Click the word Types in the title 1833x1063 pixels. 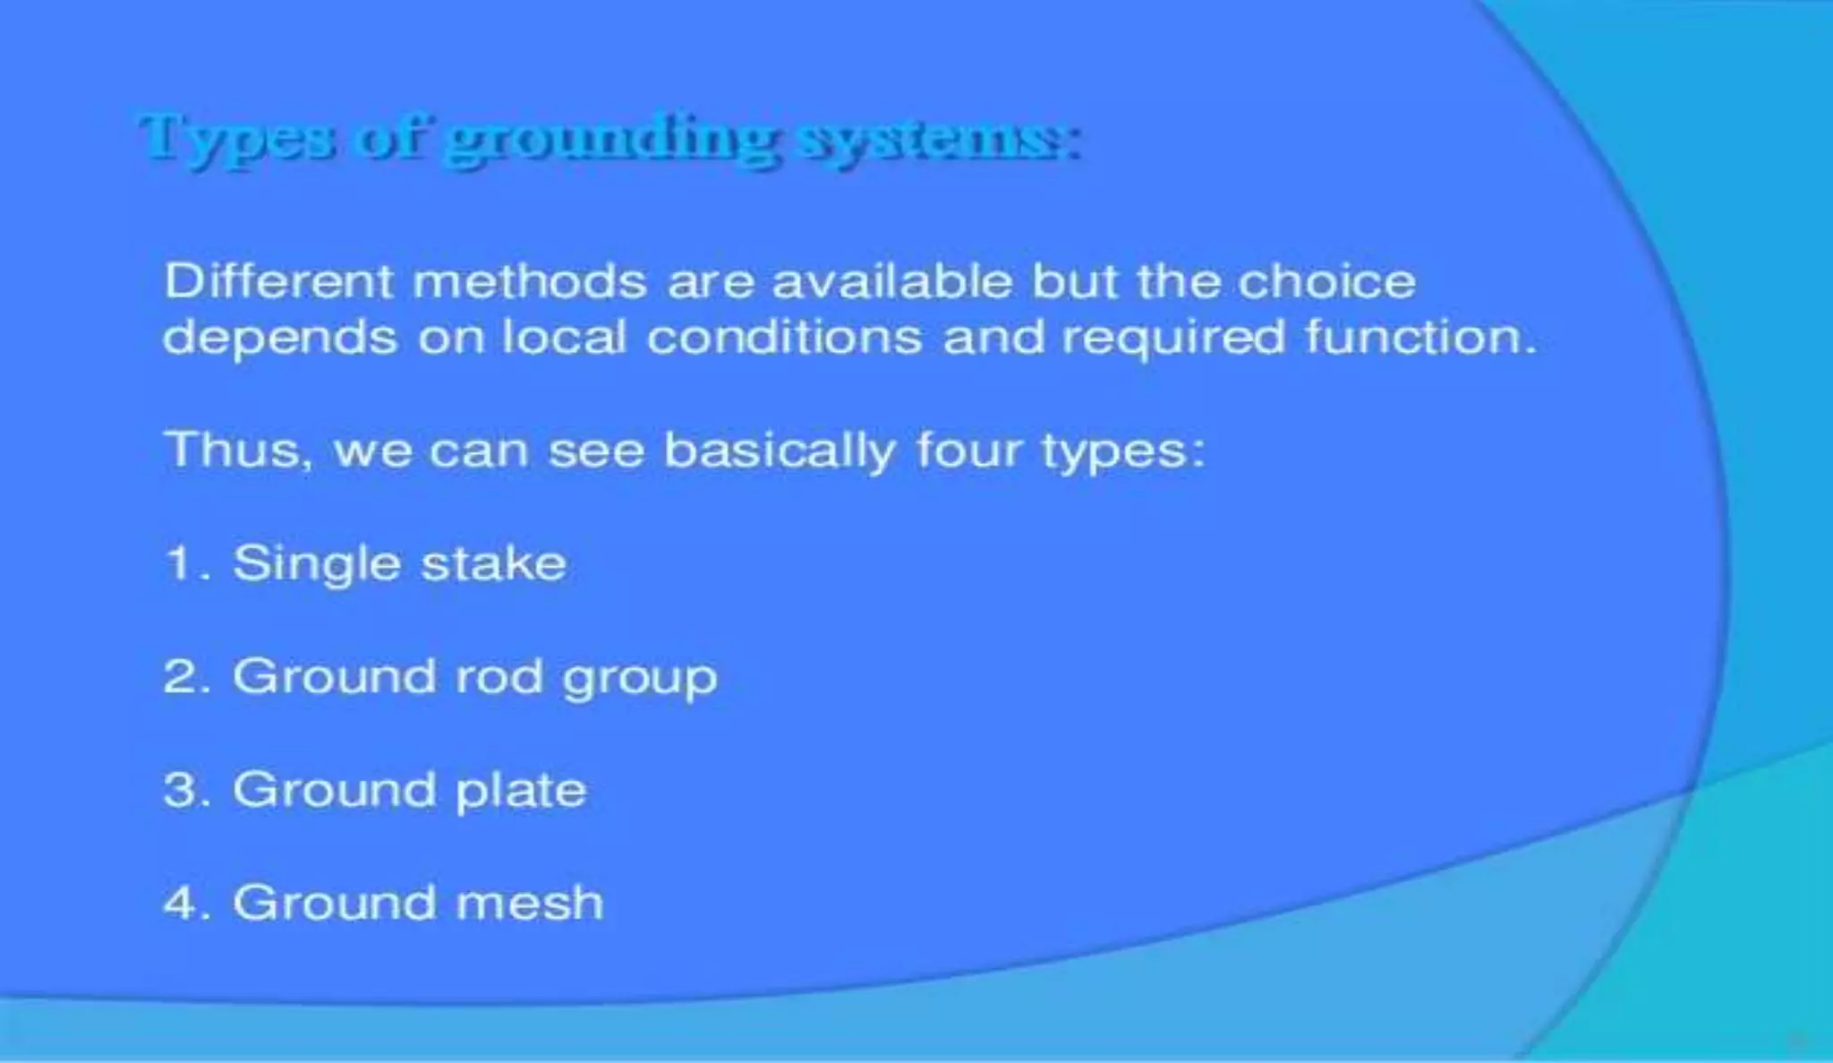pyautogui.click(x=237, y=139)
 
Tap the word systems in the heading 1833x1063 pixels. pyautogui.click(x=940, y=141)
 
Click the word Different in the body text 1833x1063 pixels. pyautogui.click(x=278, y=281)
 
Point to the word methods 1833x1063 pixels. pyautogui.click(x=530, y=281)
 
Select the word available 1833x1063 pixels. pyautogui.click(x=892, y=281)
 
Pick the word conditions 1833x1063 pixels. pyautogui.click(x=784, y=338)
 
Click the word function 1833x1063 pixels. pyautogui.click(x=1420, y=338)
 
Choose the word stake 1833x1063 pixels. pyautogui.click(x=493, y=564)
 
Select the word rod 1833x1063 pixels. pyautogui.click(x=499, y=677)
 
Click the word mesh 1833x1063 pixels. pyautogui.click(x=530, y=903)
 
